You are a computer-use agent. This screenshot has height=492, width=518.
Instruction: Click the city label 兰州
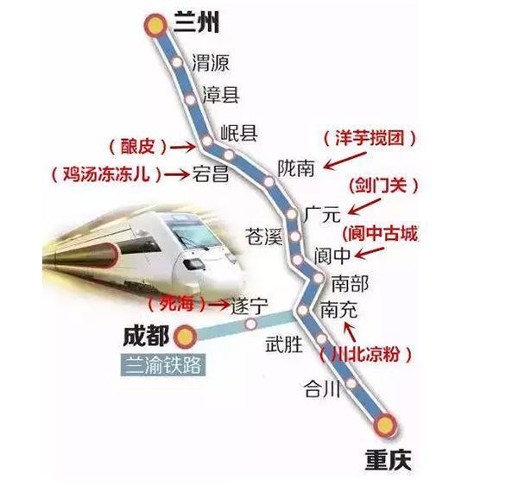[x=198, y=22]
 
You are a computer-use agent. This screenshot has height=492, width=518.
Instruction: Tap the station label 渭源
[x=212, y=63]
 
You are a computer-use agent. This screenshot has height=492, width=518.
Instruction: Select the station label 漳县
[x=220, y=95]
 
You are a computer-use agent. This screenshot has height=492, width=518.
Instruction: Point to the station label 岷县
[x=239, y=132]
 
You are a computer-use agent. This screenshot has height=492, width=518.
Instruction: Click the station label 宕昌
[x=212, y=173]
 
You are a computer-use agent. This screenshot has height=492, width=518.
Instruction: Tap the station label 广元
[x=324, y=211]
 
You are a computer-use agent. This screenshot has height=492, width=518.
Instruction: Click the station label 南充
[x=338, y=309]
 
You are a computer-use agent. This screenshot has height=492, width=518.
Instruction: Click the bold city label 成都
[x=146, y=335]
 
